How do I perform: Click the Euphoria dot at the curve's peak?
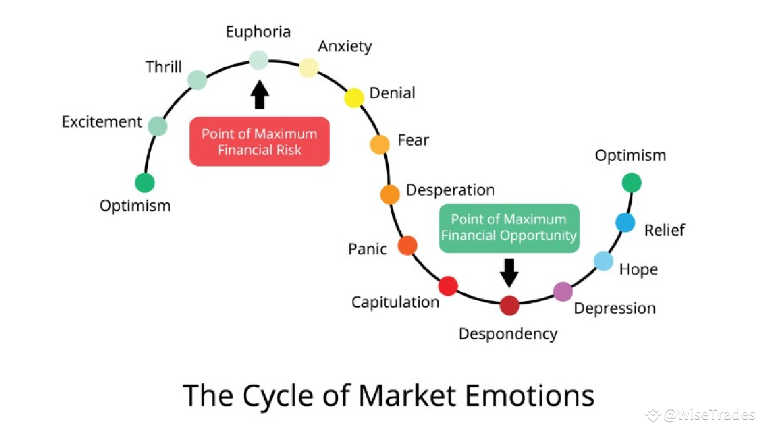pos(258,60)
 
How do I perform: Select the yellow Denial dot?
pos(354,97)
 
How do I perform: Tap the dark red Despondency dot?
pos(509,306)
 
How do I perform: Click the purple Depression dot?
pos(563,291)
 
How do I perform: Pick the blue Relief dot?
pos(625,222)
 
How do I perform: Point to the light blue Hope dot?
pos(603,261)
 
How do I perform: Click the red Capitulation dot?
pos(448,286)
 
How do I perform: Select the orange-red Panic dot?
pos(407,245)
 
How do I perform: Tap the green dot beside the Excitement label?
pos(157,126)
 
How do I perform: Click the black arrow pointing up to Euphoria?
pos(259,95)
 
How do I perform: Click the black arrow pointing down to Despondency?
pos(509,272)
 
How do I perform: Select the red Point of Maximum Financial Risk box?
pos(259,141)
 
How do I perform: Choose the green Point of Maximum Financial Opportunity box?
pos(509,228)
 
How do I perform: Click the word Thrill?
pos(164,67)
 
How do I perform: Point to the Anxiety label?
pos(345,46)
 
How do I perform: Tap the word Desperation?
pos(450,190)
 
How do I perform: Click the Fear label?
pos(413,140)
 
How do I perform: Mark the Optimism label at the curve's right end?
pos(631,156)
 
